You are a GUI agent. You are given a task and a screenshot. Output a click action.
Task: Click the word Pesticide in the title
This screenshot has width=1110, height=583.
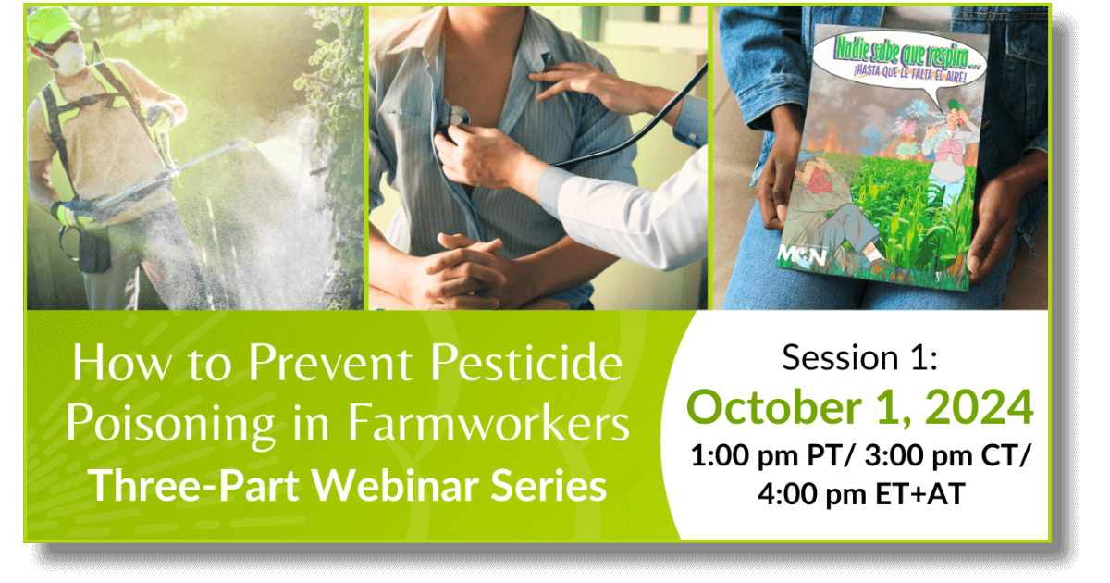(526, 363)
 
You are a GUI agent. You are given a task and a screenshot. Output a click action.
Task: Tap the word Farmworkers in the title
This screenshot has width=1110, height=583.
(488, 423)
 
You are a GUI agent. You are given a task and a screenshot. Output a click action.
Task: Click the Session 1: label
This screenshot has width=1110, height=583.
(860, 357)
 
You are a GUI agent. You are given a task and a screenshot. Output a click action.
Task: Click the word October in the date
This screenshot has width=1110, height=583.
(774, 407)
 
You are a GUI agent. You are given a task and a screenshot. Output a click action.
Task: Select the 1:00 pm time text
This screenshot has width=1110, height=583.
(745, 456)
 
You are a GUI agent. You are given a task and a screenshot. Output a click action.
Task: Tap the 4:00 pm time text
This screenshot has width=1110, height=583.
(812, 494)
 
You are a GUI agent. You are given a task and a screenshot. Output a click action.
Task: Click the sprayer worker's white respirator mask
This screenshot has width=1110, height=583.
(71, 57)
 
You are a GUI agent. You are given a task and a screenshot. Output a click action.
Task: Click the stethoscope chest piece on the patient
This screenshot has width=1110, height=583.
(456, 117)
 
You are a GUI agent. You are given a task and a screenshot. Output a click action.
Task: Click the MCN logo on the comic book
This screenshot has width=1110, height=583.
(802, 255)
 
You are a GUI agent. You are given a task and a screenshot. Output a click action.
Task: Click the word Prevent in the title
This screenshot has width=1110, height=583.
(330, 363)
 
